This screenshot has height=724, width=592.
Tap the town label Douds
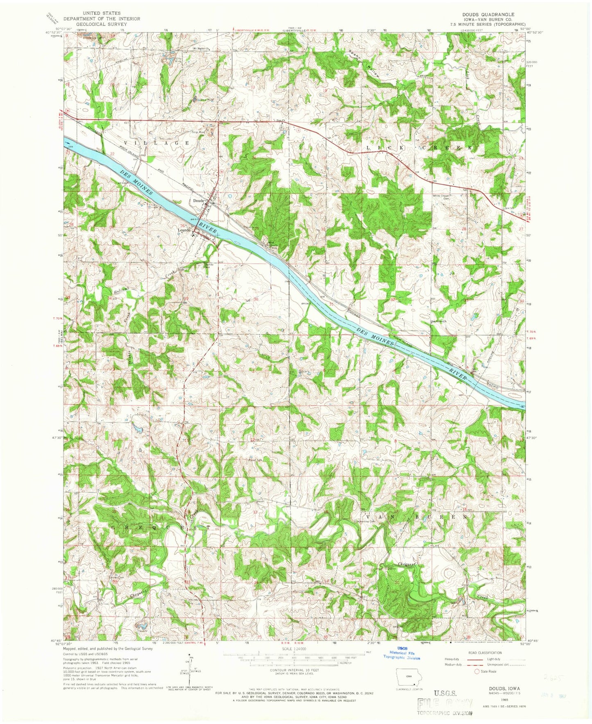click(x=198, y=201)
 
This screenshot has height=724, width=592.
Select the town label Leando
click(x=184, y=230)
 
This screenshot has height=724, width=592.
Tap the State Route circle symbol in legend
click(x=476, y=672)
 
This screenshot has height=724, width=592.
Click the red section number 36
click(x=256, y=299)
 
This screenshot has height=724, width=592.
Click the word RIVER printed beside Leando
click(x=208, y=229)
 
